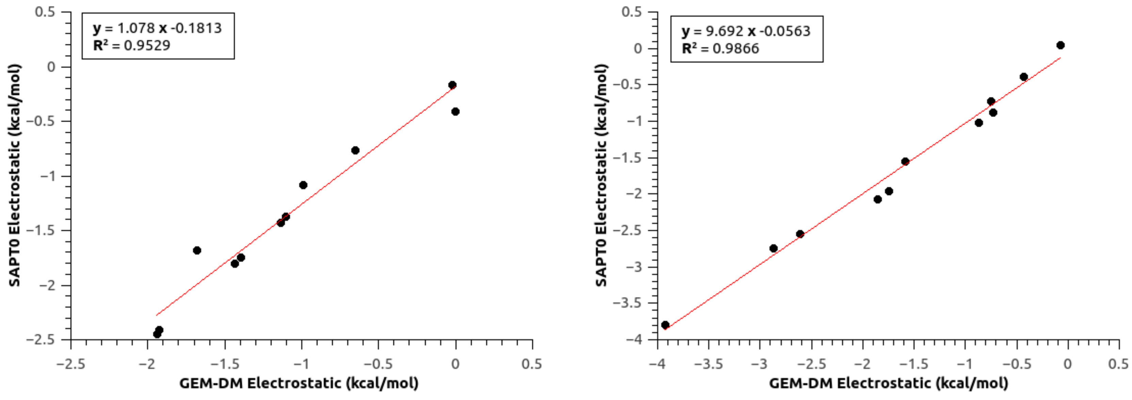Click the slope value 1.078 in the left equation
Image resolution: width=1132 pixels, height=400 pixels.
136,28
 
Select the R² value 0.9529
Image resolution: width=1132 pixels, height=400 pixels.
147,45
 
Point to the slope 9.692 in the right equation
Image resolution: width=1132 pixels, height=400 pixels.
724,31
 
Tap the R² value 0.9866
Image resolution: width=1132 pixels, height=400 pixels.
736,48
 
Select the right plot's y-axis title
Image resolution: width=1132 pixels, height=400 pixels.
601,176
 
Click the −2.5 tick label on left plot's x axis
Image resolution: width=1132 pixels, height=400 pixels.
70,364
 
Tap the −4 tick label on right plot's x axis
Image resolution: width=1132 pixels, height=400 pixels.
657,364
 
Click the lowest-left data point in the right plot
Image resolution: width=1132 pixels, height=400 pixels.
665,325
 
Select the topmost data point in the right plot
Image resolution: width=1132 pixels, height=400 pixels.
1061,45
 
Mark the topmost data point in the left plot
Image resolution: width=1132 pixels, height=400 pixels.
452,85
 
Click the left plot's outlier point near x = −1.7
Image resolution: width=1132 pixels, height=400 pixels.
197,250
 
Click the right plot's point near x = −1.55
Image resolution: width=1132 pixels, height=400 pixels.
905,162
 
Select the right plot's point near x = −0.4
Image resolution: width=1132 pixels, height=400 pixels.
1024,77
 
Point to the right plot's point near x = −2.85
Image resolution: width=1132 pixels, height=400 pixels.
774,249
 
